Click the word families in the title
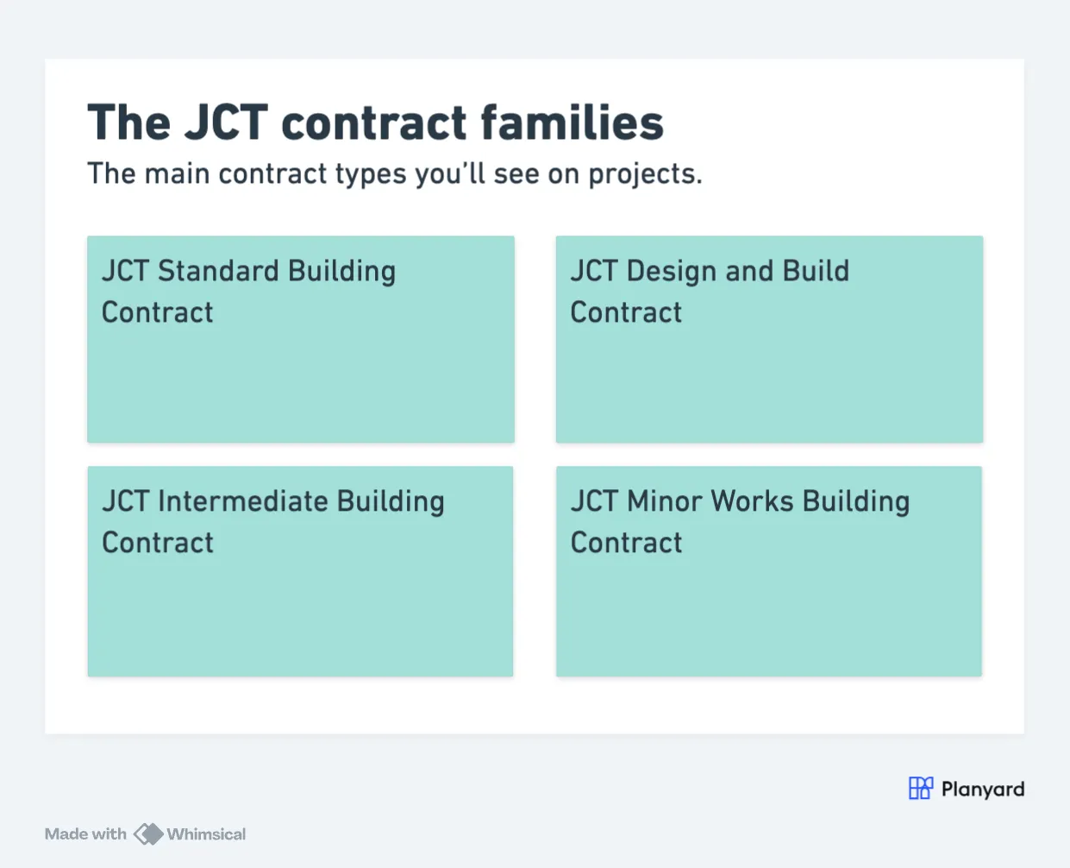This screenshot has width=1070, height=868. [x=573, y=123]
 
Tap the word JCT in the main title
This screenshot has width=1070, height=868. [x=226, y=123]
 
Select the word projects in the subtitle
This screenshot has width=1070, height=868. [x=646, y=175]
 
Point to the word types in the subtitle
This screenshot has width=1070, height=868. [x=371, y=175]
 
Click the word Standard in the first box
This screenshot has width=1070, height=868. [x=218, y=271]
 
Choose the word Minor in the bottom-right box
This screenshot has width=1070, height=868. [x=664, y=501]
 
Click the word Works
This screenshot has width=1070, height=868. [x=753, y=501]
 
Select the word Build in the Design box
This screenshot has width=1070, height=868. [x=816, y=271]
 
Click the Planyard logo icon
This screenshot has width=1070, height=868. [x=921, y=788]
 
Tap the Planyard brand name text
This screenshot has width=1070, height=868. [x=983, y=789]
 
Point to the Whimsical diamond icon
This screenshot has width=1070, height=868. [x=148, y=833]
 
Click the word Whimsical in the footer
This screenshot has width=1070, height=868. [x=206, y=834]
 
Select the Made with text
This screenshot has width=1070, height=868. [x=85, y=834]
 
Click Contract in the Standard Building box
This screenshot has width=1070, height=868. [x=157, y=312]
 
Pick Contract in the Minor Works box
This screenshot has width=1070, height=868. [x=626, y=543]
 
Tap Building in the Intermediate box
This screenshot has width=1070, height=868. [x=391, y=501]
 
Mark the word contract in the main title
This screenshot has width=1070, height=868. [x=373, y=123]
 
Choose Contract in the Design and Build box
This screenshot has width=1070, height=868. [x=626, y=312]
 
